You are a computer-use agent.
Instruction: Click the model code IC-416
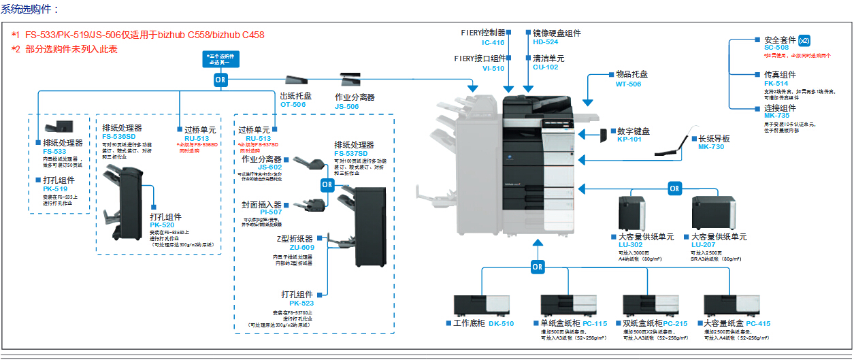coord(493,42)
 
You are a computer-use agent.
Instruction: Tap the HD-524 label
coord(546,42)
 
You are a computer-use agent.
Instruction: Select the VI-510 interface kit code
coord(493,68)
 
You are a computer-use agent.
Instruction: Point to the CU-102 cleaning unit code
coord(546,67)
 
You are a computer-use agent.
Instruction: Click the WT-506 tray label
coord(628,84)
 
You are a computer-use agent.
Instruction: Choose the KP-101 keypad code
coord(629,140)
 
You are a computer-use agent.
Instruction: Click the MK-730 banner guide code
coord(711,147)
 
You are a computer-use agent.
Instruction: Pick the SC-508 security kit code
coord(776,48)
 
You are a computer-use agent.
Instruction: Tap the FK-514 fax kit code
coord(776,83)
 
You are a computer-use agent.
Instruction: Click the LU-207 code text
coord(704,245)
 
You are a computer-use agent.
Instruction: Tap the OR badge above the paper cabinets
coord(538,267)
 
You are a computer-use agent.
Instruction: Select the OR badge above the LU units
coord(674,189)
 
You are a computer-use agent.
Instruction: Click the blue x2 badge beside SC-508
coord(804,40)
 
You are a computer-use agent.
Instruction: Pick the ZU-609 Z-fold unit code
coord(301,248)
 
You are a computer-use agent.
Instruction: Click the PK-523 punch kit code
coord(301,303)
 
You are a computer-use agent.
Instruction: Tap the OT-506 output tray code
coord(293,105)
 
